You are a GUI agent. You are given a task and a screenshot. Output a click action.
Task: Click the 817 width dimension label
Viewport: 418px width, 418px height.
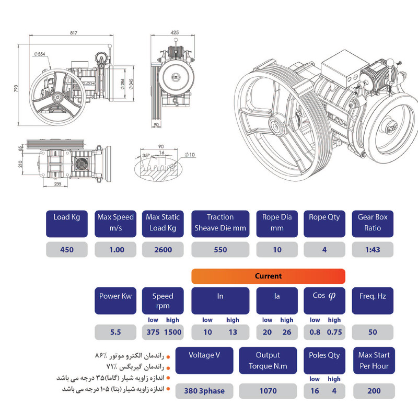pyautogui.click(x=73, y=32)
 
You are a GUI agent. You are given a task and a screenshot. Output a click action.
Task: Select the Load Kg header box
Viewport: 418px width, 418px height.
pyautogui.click(x=66, y=223)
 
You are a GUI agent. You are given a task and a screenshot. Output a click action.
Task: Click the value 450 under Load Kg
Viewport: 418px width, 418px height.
pyautogui.click(x=66, y=250)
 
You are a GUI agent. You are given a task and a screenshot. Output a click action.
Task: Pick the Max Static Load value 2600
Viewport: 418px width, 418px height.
pyautogui.click(x=162, y=250)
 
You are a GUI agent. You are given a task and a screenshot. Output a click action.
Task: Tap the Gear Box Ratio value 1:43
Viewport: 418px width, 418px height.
pyautogui.click(x=373, y=250)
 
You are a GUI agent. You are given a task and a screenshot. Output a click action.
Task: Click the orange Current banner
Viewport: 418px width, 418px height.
pyautogui.click(x=268, y=276)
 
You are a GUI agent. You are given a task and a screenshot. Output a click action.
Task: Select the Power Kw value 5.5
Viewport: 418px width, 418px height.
pyautogui.click(x=115, y=332)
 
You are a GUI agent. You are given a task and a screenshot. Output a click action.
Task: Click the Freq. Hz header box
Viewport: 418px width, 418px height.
pyautogui.click(x=373, y=300)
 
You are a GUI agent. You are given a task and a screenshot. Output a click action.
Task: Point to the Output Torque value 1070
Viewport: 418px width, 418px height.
pyautogui.click(x=268, y=390)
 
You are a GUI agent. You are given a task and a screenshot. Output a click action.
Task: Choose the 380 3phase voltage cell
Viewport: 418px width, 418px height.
pyautogui.click(x=204, y=390)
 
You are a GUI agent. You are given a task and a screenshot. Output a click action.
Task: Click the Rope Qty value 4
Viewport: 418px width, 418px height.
pyautogui.click(x=324, y=250)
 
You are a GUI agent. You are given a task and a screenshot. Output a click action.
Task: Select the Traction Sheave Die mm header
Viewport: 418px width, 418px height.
pyautogui.click(x=220, y=223)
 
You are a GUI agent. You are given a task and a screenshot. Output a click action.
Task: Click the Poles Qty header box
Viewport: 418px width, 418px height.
pyautogui.click(x=324, y=360)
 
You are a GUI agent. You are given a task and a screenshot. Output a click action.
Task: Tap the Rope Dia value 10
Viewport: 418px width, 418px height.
pyautogui.click(x=277, y=250)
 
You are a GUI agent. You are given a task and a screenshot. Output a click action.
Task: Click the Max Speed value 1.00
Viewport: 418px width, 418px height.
pyautogui.click(x=115, y=250)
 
